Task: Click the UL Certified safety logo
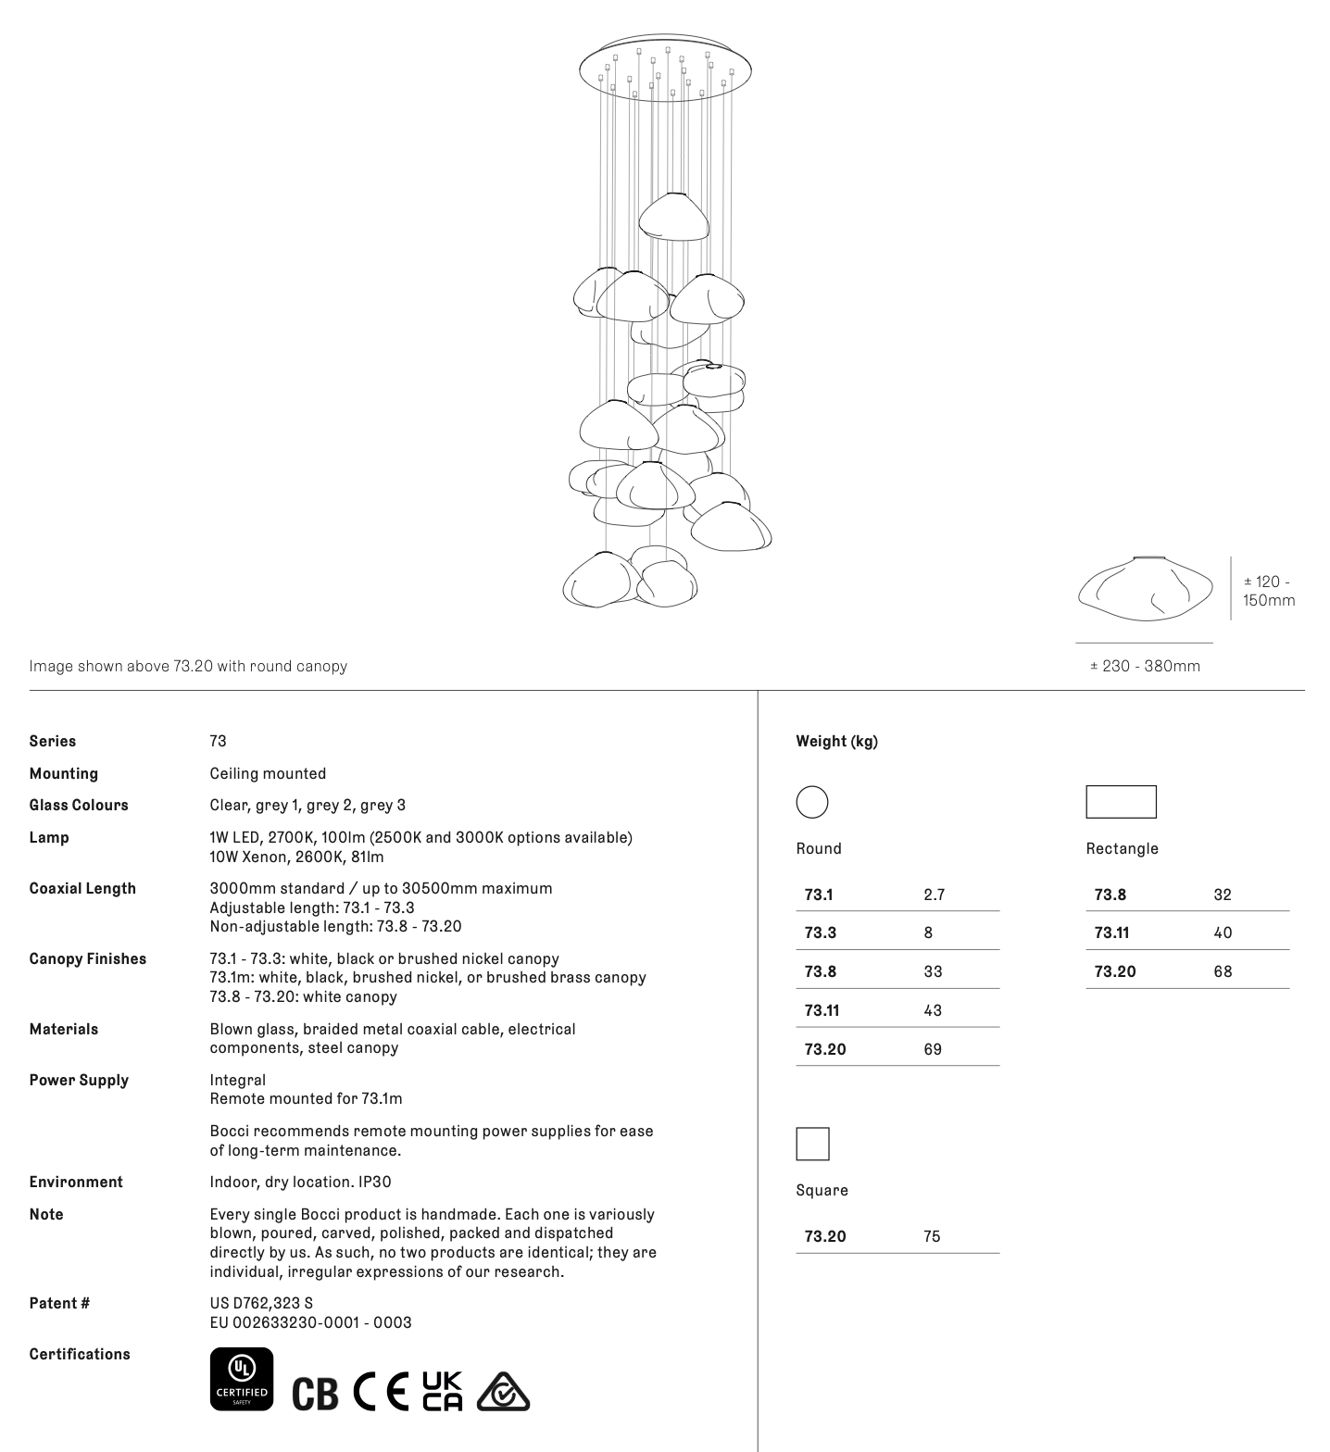pyautogui.click(x=242, y=1379)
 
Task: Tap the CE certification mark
pyautogui.click(x=381, y=1391)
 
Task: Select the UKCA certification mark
pyautogui.click(x=443, y=1391)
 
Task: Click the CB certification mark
pyautogui.click(x=315, y=1393)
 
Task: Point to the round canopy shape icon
pyautogui.click(x=812, y=802)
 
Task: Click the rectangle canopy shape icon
pyautogui.click(x=1121, y=802)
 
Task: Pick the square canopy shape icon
pyautogui.click(x=812, y=1144)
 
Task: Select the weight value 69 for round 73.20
pyautogui.click(x=933, y=1049)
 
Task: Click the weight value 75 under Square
pyautogui.click(x=932, y=1236)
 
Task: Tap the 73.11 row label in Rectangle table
pyautogui.click(x=1111, y=933)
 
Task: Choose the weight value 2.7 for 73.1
pyautogui.click(x=934, y=895)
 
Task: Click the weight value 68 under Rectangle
pyautogui.click(x=1223, y=971)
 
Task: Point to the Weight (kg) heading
pyautogui.click(x=836, y=741)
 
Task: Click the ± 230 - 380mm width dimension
pyautogui.click(x=1145, y=666)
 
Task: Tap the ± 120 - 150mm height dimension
pyautogui.click(x=1269, y=591)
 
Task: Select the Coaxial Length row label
pyautogui.click(x=82, y=888)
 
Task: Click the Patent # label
pyautogui.click(x=59, y=1303)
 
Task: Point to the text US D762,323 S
pyautogui.click(x=261, y=1303)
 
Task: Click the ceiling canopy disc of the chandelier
pyautogui.click(x=665, y=69)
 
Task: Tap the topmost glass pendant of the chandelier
pyautogui.click(x=674, y=218)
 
